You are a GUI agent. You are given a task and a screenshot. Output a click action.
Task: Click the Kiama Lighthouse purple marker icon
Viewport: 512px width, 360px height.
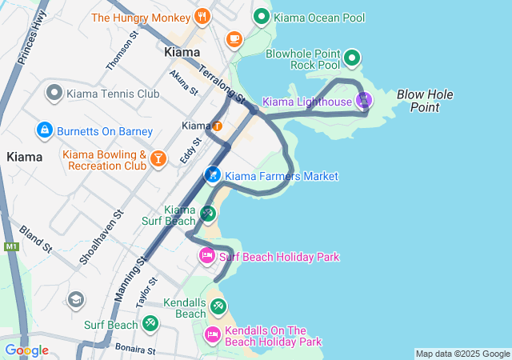tap(364, 101)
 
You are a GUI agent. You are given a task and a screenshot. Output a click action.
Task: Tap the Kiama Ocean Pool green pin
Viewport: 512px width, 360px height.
tap(261, 16)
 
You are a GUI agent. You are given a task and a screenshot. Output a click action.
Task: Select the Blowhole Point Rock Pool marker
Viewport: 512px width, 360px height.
tap(352, 58)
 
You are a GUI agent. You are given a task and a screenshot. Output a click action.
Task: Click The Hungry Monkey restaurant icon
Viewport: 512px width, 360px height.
tap(202, 16)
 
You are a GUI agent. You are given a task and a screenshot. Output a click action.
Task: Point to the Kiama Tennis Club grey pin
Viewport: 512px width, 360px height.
tap(54, 94)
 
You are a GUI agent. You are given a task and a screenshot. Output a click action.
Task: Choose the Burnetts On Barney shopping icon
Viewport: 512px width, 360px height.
tap(43, 129)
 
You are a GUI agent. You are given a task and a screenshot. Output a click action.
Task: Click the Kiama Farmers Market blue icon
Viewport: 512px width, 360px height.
tap(212, 174)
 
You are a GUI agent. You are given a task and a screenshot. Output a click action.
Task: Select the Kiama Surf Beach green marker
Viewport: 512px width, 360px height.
tap(207, 213)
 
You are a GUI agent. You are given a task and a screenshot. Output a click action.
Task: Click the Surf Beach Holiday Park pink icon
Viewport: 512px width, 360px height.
tap(206, 256)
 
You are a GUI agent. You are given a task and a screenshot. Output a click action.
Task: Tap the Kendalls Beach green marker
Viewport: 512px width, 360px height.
tap(218, 306)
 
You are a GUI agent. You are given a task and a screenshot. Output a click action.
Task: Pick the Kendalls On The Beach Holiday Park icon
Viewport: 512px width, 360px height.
tap(213, 334)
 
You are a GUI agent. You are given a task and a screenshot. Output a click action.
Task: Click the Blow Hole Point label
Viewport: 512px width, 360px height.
tap(425, 100)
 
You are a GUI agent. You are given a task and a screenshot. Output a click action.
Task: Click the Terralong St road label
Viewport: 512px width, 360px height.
tap(221, 85)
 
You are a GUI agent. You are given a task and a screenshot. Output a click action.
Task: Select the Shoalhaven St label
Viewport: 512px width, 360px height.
tap(101, 237)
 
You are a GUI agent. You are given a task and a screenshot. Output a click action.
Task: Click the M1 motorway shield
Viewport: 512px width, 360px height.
tap(11, 246)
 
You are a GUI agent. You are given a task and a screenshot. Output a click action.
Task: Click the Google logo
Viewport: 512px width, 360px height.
tap(26, 350)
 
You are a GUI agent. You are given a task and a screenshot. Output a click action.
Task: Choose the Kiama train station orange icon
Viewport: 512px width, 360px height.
tap(217, 126)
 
